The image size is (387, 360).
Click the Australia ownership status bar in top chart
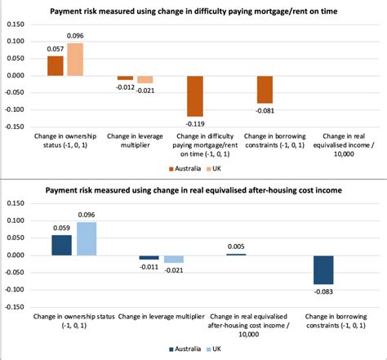(x=56, y=66)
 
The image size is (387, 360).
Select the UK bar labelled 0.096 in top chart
(x=75, y=60)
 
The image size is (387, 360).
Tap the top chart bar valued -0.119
(x=194, y=96)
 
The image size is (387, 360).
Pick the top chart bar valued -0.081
(x=265, y=89)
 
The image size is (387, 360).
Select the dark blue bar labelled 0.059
(x=61, y=245)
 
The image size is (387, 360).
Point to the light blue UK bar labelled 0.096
(x=85, y=238)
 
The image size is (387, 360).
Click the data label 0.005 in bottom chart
(x=235, y=247)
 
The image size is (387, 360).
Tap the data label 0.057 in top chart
(x=55, y=49)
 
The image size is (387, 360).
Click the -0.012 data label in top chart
(x=125, y=87)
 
